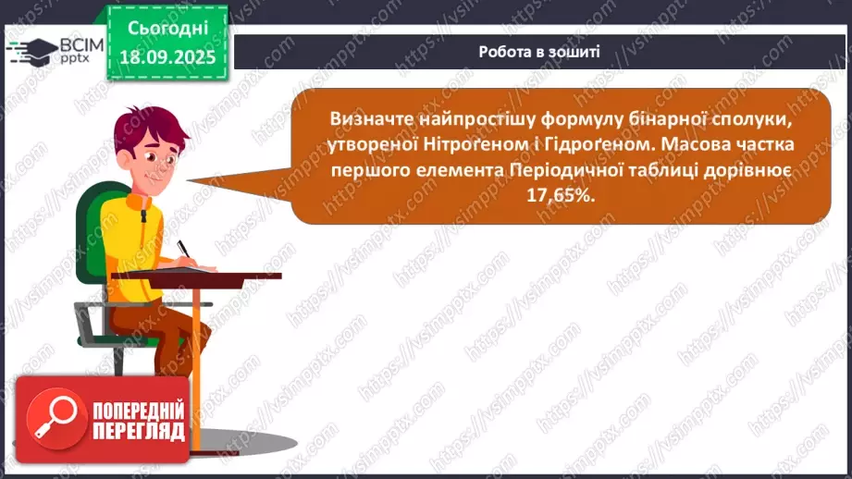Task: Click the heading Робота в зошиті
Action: (x=539, y=52)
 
